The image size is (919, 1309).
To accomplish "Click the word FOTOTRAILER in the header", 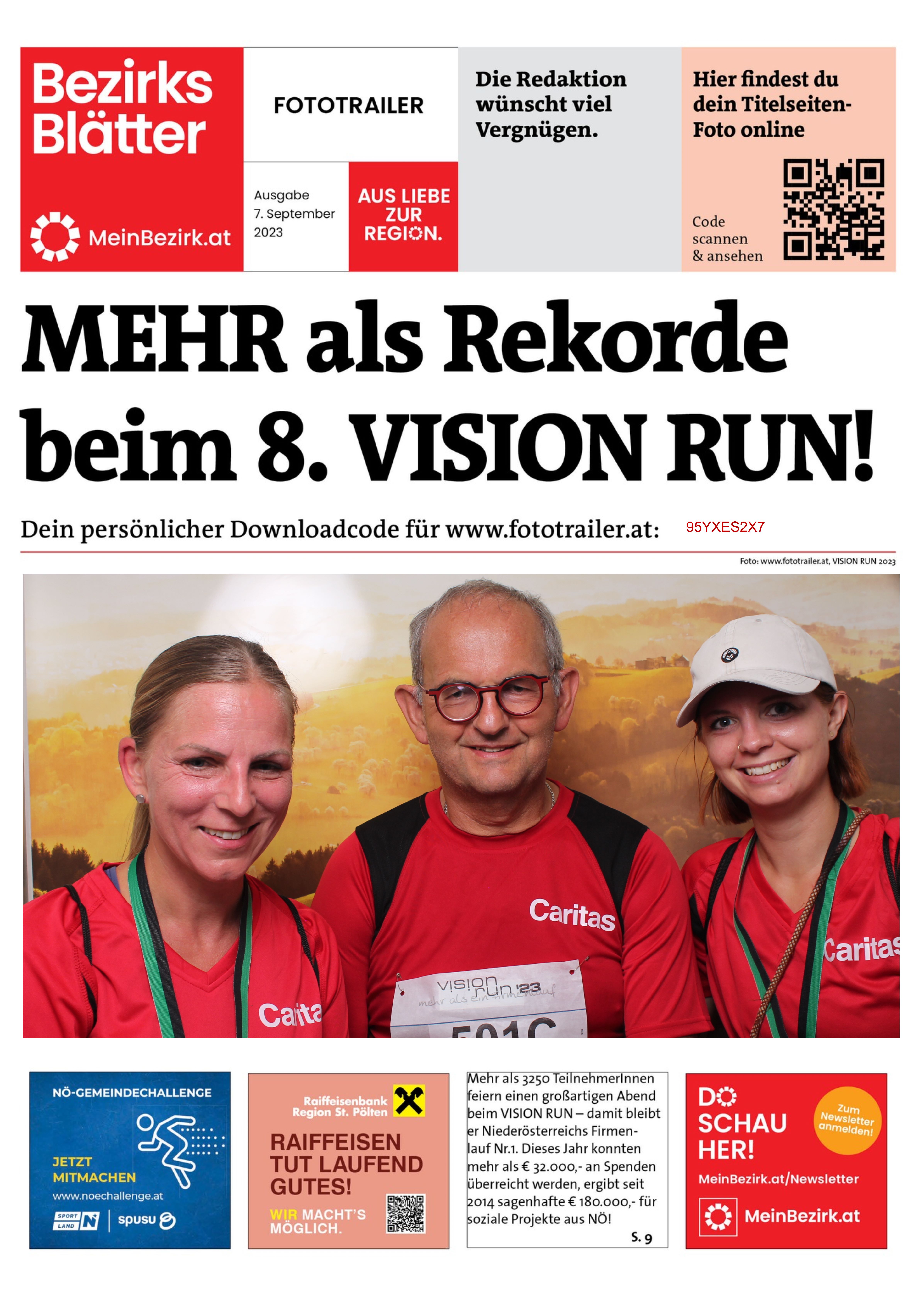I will click(x=348, y=105).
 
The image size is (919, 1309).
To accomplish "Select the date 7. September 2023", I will click(x=294, y=214).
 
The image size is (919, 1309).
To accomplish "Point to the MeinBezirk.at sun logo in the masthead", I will click(x=55, y=237).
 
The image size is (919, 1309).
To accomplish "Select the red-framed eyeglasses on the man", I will click(x=489, y=696).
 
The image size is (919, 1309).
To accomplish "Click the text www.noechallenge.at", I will click(x=108, y=1195).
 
